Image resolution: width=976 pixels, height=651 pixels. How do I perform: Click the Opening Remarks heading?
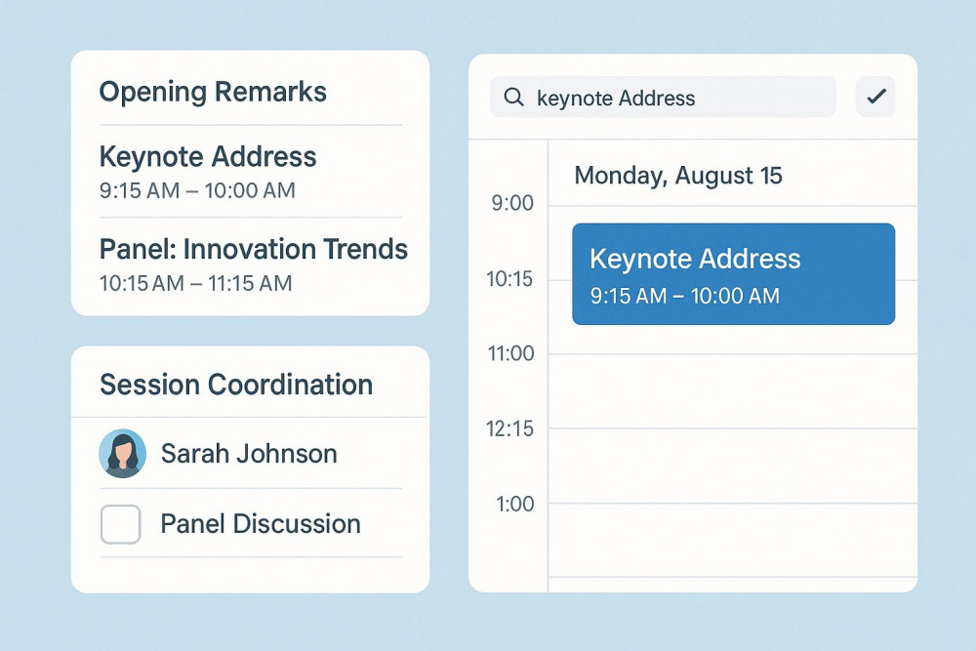[x=213, y=92]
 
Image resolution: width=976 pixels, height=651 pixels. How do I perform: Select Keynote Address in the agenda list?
[x=208, y=156]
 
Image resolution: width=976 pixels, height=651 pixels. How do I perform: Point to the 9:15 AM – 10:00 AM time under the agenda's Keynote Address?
[x=197, y=190]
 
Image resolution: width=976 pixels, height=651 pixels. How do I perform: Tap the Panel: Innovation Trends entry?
[x=254, y=249]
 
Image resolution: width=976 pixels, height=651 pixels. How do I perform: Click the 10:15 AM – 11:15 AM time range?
[x=195, y=283]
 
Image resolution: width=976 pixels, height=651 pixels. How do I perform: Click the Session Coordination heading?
[x=236, y=385]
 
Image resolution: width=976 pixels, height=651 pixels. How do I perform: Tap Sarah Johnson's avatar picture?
[x=123, y=453]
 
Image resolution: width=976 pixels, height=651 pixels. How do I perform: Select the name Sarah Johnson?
[x=249, y=453]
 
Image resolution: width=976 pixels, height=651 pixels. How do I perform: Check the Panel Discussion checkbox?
[x=120, y=524]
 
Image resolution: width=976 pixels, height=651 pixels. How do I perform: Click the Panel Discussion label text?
[x=261, y=524]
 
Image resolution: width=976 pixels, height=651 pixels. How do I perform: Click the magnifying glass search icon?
[x=513, y=97]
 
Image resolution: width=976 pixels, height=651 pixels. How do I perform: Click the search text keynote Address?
[x=616, y=99]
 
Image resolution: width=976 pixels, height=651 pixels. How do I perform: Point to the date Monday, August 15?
[x=678, y=176]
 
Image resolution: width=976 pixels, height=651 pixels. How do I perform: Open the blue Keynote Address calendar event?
[x=733, y=274]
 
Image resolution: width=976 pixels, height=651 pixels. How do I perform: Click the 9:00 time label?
[x=512, y=203]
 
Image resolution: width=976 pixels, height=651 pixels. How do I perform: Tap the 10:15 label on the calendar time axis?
[x=509, y=279]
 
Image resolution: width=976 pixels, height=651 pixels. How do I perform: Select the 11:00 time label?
[x=510, y=353]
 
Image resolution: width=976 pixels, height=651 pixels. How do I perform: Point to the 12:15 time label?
[x=509, y=428]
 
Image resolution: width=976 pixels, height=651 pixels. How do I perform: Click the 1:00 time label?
[x=514, y=504]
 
